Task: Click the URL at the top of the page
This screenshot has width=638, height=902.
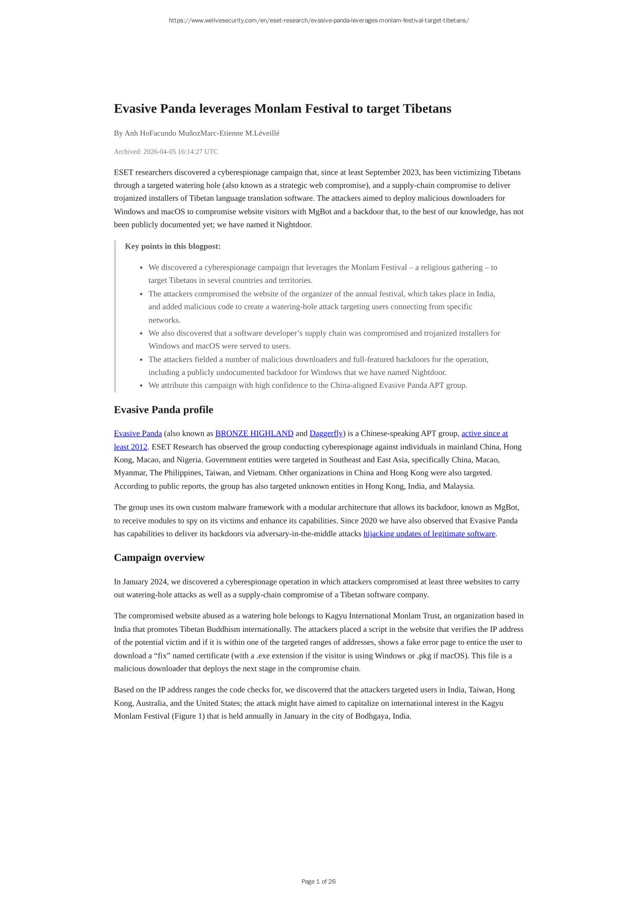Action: coord(318,21)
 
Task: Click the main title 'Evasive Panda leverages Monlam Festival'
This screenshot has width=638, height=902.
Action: coord(283,109)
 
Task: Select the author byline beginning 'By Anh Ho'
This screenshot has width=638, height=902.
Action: coord(197,134)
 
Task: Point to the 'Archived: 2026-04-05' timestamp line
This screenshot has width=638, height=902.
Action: coord(166,152)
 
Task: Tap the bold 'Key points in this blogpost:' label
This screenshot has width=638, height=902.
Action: coord(173,247)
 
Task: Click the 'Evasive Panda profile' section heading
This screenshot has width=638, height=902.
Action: coord(163,410)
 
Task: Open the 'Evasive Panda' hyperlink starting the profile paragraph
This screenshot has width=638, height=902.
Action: coord(138,434)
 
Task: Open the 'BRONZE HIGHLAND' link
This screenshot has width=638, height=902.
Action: coord(254,434)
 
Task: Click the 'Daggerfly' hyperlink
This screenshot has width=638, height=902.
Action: coord(326,434)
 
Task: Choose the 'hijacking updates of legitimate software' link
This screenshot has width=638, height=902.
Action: coord(429,534)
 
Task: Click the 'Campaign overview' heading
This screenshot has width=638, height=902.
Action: coord(159,558)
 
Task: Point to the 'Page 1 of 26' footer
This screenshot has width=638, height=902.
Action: coord(318,881)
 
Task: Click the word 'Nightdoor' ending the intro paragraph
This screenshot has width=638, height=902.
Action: coord(294,224)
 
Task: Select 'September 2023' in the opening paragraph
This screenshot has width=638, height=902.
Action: coord(392,173)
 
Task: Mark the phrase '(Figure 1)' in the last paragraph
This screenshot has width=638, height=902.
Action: coord(188,716)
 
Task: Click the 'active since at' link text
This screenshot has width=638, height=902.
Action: coord(484,434)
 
